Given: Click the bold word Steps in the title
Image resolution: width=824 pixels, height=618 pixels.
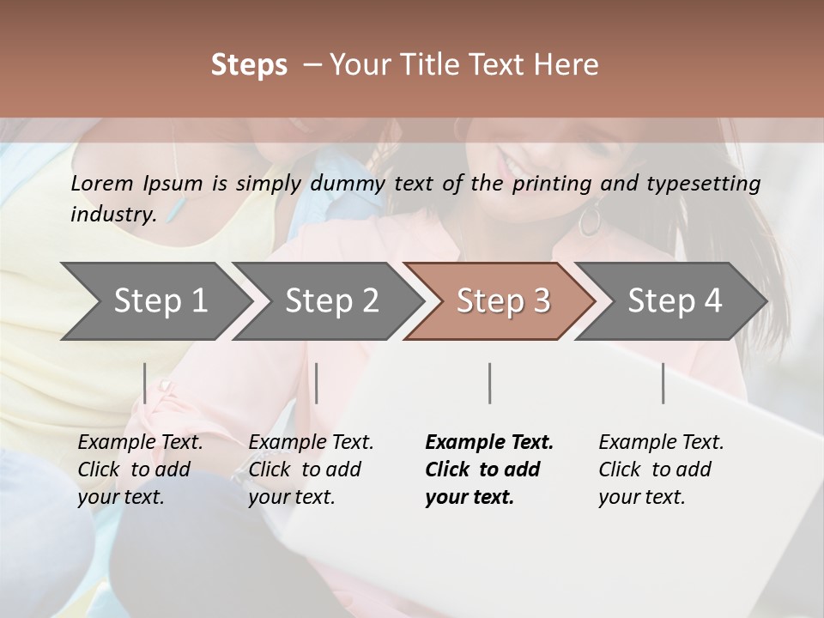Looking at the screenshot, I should [x=249, y=65].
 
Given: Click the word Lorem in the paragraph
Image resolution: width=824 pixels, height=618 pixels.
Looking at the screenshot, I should [x=102, y=183].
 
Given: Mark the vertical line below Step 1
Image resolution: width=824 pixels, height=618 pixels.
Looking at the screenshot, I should [x=145, y=383].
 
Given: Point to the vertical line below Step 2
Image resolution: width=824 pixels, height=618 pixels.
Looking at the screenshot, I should [x=317, y=383].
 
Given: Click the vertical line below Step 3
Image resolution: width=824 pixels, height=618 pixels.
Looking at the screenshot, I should [x=490, y=383].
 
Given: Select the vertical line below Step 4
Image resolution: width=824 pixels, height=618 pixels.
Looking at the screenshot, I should [x=663, y=383].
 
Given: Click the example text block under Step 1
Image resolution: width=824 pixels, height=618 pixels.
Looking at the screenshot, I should [x=140, y=470].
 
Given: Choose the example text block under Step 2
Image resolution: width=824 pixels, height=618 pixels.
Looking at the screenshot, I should [x=311, y=470].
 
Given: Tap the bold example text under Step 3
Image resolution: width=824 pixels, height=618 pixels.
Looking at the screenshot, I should [x=489, y=470].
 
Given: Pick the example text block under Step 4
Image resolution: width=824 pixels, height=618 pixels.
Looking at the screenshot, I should [x=661, y=470].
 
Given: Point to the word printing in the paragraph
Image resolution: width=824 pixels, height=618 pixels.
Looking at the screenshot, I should [x=552, y=183].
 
